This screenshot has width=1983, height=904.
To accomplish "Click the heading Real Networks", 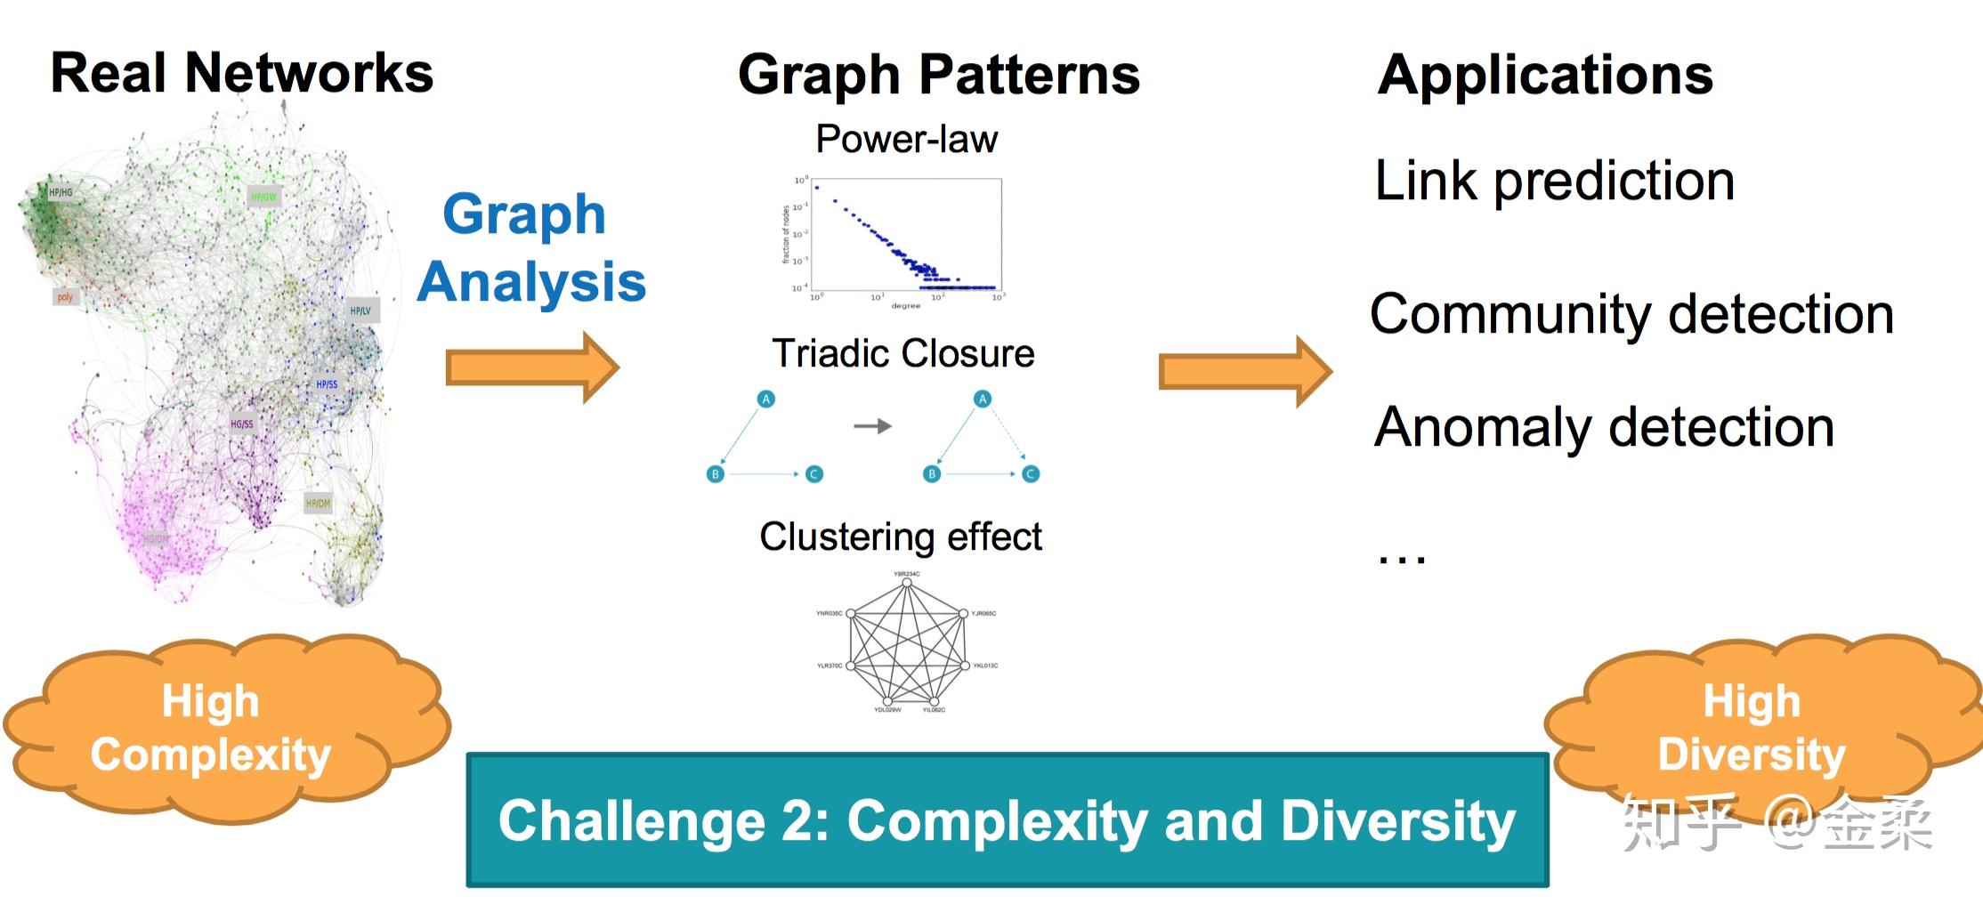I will tap(241, 73).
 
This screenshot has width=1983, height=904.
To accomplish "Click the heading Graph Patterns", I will tap(938, 75).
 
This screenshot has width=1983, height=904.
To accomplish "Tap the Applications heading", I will tap(1544, 75).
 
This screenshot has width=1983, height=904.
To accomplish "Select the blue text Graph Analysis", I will tap(531, 248).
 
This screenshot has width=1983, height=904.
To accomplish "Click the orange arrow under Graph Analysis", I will tap(532, 367).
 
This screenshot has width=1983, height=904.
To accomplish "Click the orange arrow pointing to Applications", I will tap(1244, 371).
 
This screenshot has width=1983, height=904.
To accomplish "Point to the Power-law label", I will tap(906, 140).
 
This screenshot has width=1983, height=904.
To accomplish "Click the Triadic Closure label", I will tap(902, 354).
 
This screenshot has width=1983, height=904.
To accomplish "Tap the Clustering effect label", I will tap(900, 537).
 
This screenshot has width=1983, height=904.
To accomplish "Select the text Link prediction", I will tap(1554, 182).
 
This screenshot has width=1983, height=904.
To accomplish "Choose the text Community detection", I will tap(1631, 315).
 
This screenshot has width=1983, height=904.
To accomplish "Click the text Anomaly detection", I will tap(1604, 428).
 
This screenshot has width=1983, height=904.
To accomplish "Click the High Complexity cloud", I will tap(212, 728).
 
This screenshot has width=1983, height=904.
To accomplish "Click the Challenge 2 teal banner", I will tap(1007, 820).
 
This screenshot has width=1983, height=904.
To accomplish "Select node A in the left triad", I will tap(765, 400).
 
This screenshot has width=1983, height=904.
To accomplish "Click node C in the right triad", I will tap(1031, 474).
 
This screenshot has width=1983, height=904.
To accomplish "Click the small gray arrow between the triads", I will tap(872, 426).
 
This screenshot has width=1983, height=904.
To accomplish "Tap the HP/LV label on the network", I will tap(360, 311).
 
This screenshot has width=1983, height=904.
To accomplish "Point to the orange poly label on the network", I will tap(65, 297).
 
